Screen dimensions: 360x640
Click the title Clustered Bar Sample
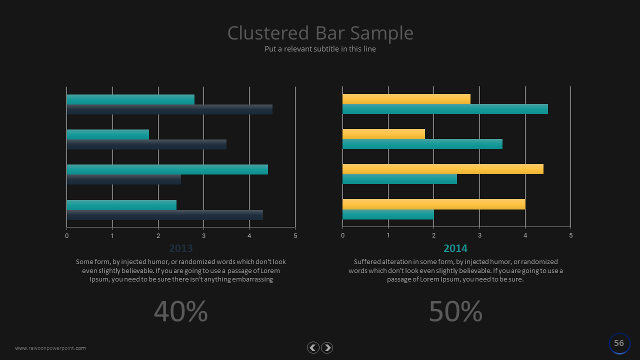click(320, 33)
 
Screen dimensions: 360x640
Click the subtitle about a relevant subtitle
click(320, 49)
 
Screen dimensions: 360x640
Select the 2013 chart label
click(180, 248)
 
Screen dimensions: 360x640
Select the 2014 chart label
click(455, 248)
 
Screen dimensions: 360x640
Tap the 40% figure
click(180, 311)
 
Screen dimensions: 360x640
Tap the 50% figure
click(455, 311)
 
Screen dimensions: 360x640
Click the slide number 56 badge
click(619, 343)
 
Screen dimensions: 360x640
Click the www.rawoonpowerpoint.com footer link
click(50, 348)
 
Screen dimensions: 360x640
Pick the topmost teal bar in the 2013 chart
click(130, 99)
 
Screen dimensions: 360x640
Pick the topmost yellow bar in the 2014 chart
click(406, 99)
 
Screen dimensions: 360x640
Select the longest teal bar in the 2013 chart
click(167, 169)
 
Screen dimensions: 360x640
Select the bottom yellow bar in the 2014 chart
click(433, 204)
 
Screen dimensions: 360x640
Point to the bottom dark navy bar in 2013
click(164, 215)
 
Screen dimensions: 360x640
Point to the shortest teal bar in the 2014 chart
click(388, 214)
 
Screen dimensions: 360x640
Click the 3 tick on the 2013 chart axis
click(204, 235)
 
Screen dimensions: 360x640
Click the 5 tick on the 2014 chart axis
click(570, 235)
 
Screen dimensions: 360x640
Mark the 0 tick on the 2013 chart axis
click(67, 235)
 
